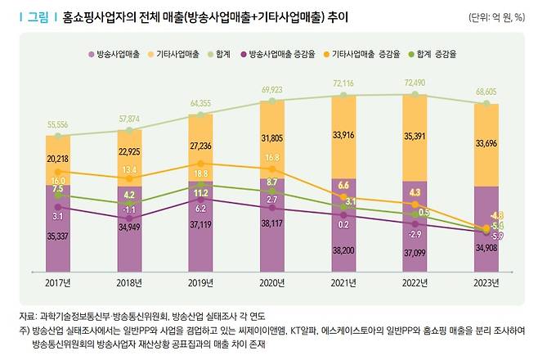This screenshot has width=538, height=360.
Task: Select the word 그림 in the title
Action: coord(38,16)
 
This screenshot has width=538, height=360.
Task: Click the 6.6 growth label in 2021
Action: coord(343,186)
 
